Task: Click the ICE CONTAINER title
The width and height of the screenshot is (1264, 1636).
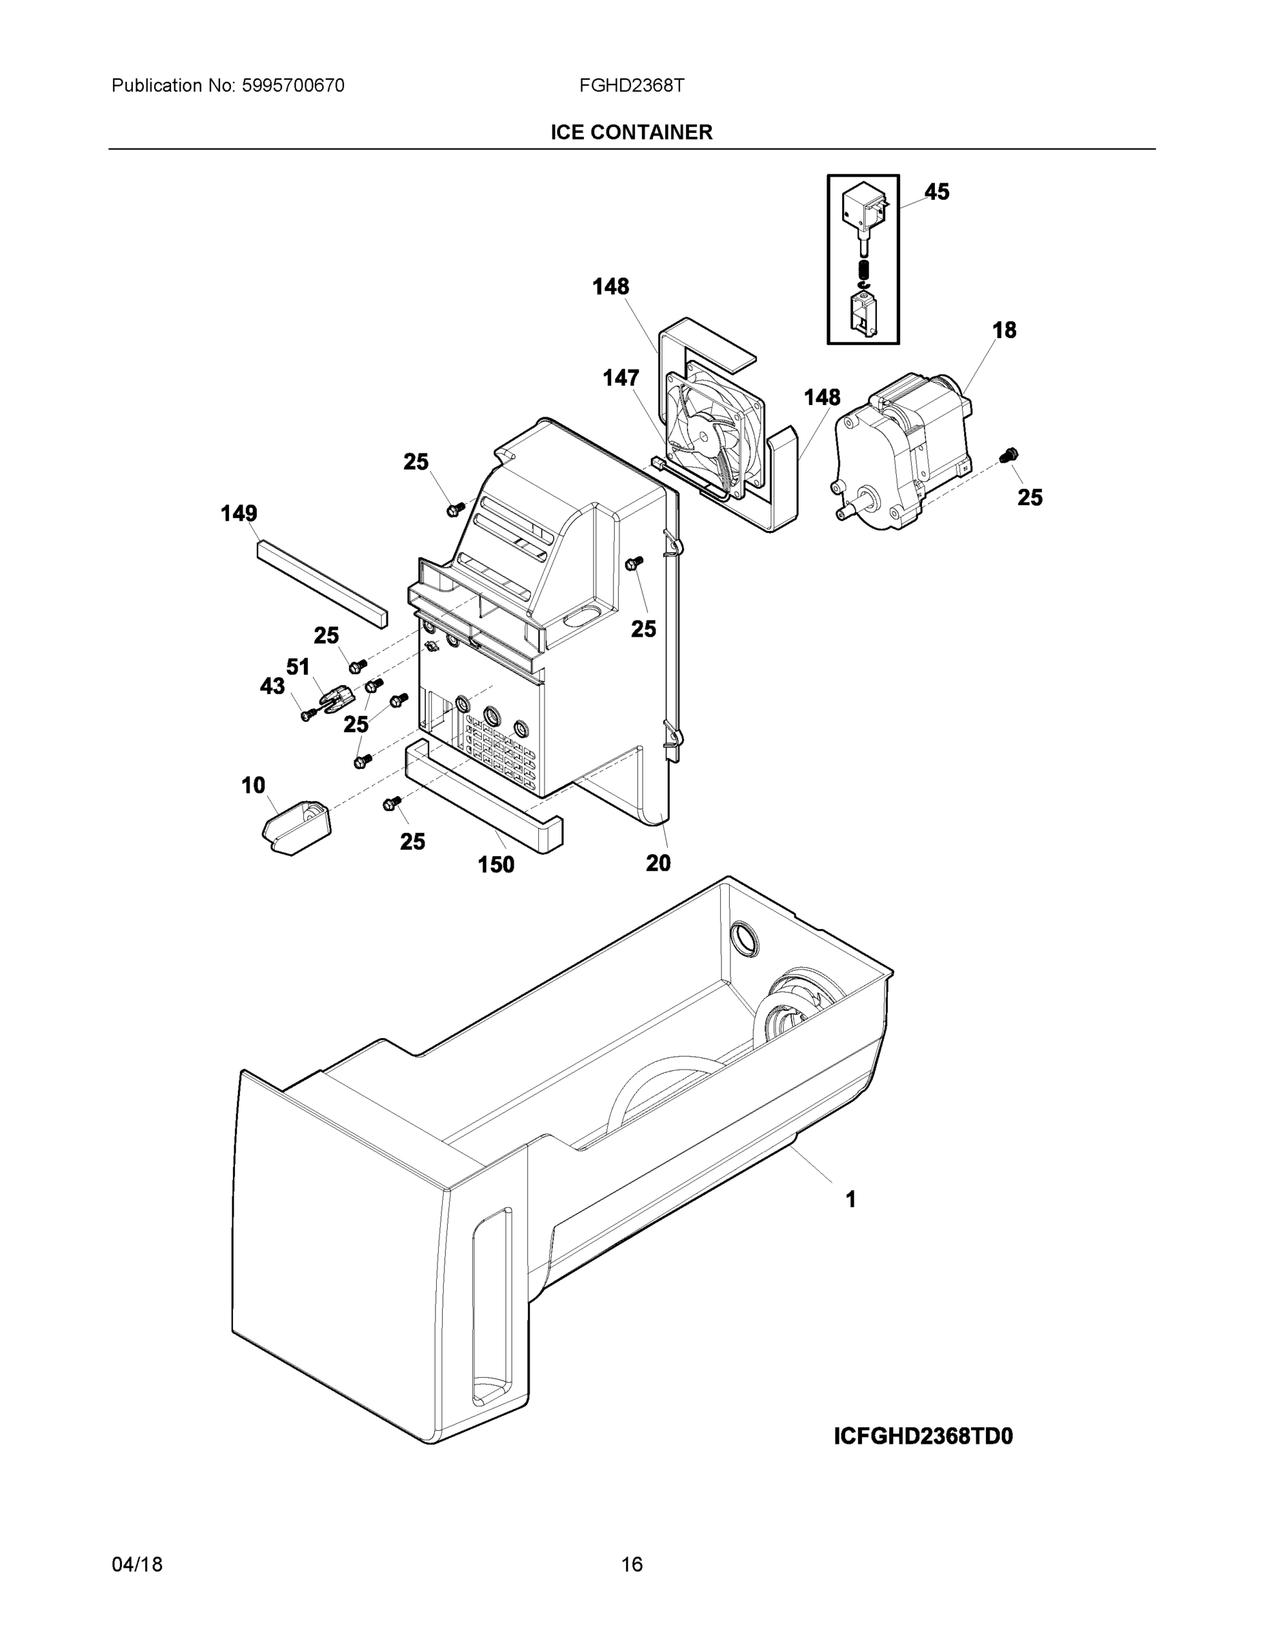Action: tap(631, 133)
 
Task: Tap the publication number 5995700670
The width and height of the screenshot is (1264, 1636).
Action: tap(293, 86)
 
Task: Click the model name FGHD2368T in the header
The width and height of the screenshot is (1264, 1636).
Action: tap(631, 86)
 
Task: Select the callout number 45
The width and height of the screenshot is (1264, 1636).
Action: tap(936, 192)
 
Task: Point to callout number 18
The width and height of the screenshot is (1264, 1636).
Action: tap(1004, 331)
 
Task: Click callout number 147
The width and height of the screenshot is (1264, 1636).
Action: tap(621, 378)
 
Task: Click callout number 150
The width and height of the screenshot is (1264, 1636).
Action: tap(495, 865)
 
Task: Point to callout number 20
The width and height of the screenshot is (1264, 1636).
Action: tap(658, 864)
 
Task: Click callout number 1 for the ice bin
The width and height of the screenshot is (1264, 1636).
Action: tap(850, 1199)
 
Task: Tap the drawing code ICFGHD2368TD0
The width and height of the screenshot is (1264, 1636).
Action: tap(923, 1436)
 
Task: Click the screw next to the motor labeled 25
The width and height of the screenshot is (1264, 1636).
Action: tap(1009, 454)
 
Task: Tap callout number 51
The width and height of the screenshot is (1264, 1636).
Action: tap(298, 667)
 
